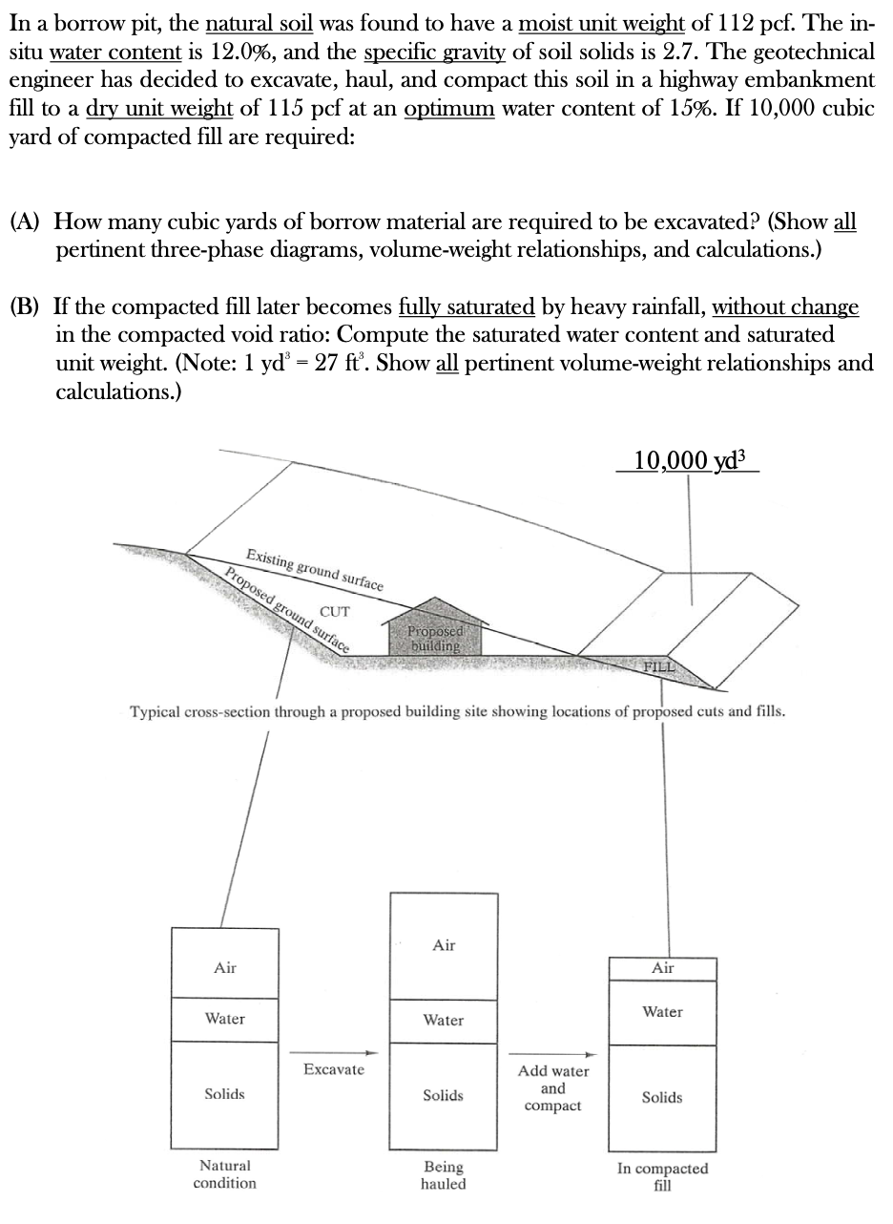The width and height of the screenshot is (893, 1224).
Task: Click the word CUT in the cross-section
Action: pyautogui.click(x=335, y=611)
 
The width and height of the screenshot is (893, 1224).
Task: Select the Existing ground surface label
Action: pyautogui.click(x=315, y=570)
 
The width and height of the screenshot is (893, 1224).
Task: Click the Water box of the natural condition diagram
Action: pyautogui.click(x=225, y=1019)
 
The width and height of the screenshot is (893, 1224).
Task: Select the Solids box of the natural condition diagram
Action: pyautogui.click(x=225, y=1094)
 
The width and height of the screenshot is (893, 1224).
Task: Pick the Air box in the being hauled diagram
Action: pyautogui.click(x=444, y=946)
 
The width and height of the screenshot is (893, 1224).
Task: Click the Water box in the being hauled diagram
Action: pyautogui.click(x=444, y=1021)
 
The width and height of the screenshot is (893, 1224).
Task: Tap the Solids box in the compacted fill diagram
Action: pyautogui.click(x=662, y=1098)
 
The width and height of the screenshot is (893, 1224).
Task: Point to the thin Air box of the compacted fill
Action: pyautogui.click(x=662, y=968)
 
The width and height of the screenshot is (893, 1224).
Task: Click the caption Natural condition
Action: pyautogui.click(x=225, y=1174)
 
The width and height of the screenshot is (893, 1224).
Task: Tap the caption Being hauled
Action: pyautogui.click(x=444, y=1175)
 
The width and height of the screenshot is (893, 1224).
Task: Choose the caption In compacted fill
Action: pyautogui.click(x=662, y=1177)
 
